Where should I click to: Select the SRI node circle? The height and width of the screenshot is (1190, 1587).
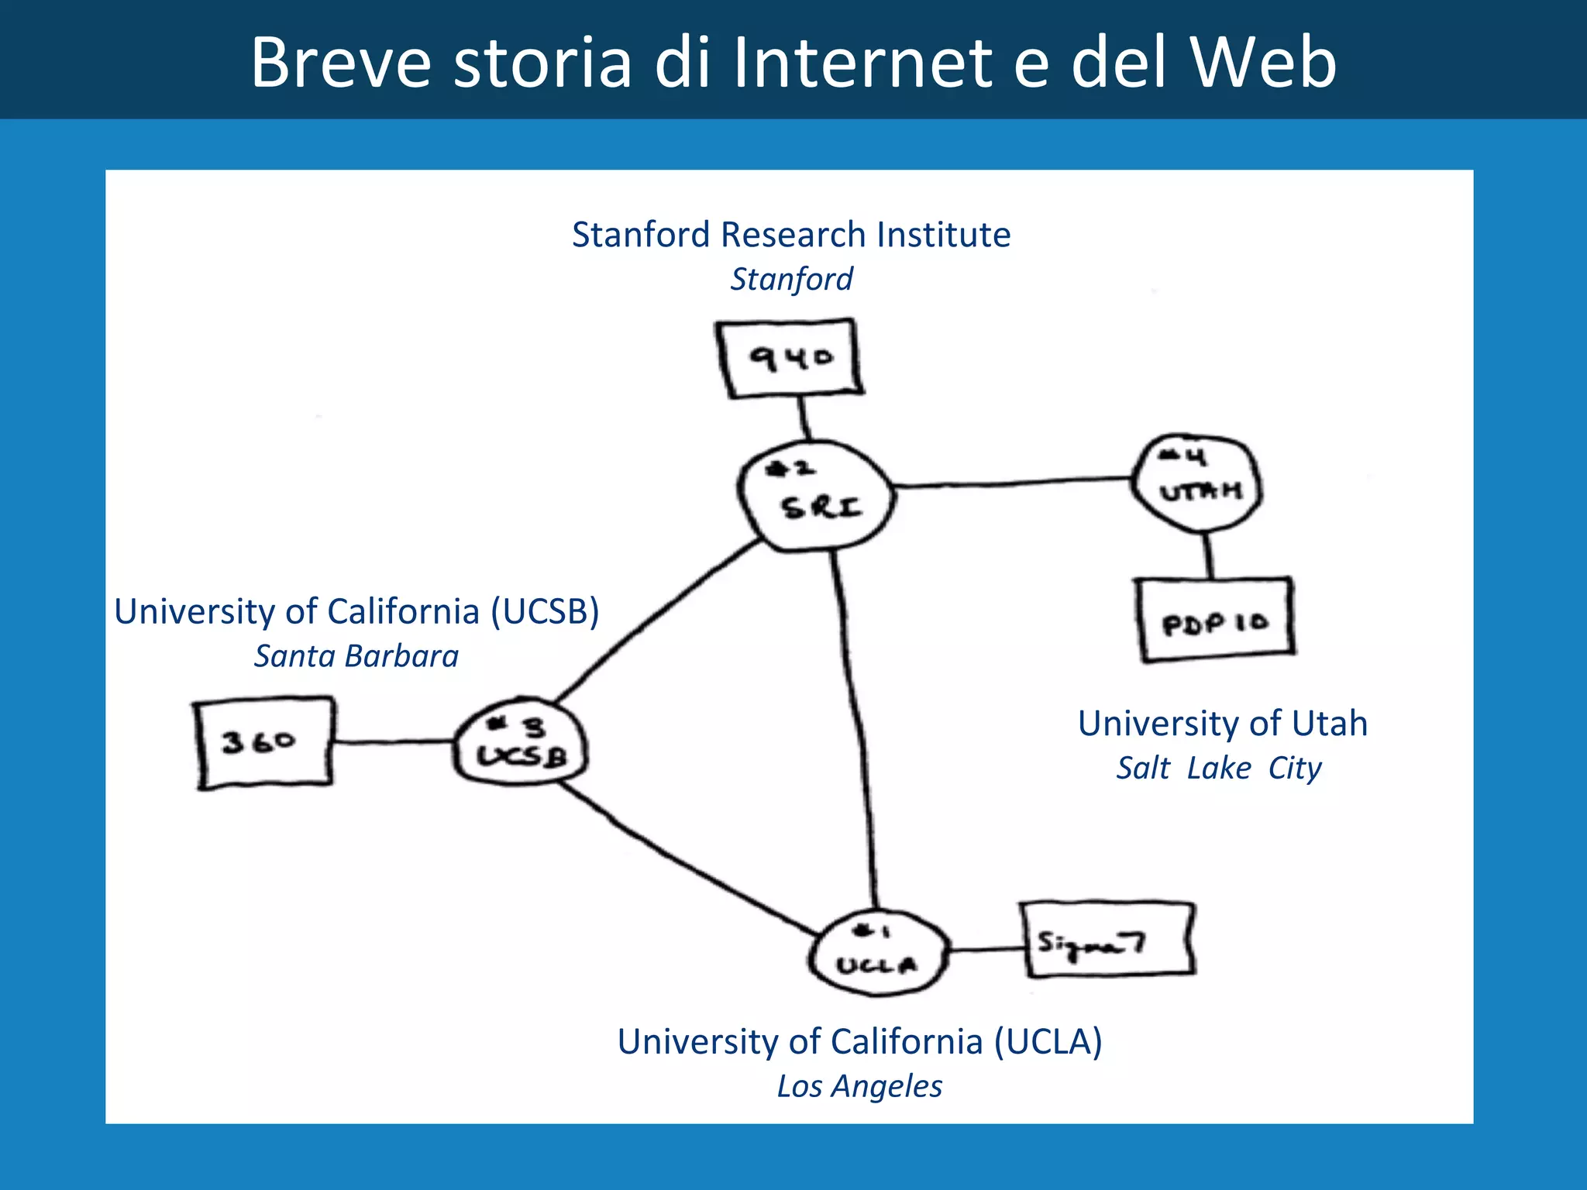(815, 496)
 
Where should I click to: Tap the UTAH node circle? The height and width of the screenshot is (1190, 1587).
(1198, 482)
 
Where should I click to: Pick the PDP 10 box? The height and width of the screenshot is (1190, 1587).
(1215, 620)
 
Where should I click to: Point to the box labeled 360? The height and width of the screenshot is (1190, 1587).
(263, 742)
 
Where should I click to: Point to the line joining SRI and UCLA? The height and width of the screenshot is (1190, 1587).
(857, 728)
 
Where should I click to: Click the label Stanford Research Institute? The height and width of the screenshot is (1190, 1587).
(791, 234)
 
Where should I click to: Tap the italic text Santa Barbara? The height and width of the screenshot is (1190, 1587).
(356, 656)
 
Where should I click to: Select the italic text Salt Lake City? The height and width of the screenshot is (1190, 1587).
(1219, 768)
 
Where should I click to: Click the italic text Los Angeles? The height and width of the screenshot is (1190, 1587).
(859, 1086)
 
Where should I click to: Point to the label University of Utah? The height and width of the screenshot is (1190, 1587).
(1223, 723)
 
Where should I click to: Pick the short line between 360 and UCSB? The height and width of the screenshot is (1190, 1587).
(394, 742)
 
